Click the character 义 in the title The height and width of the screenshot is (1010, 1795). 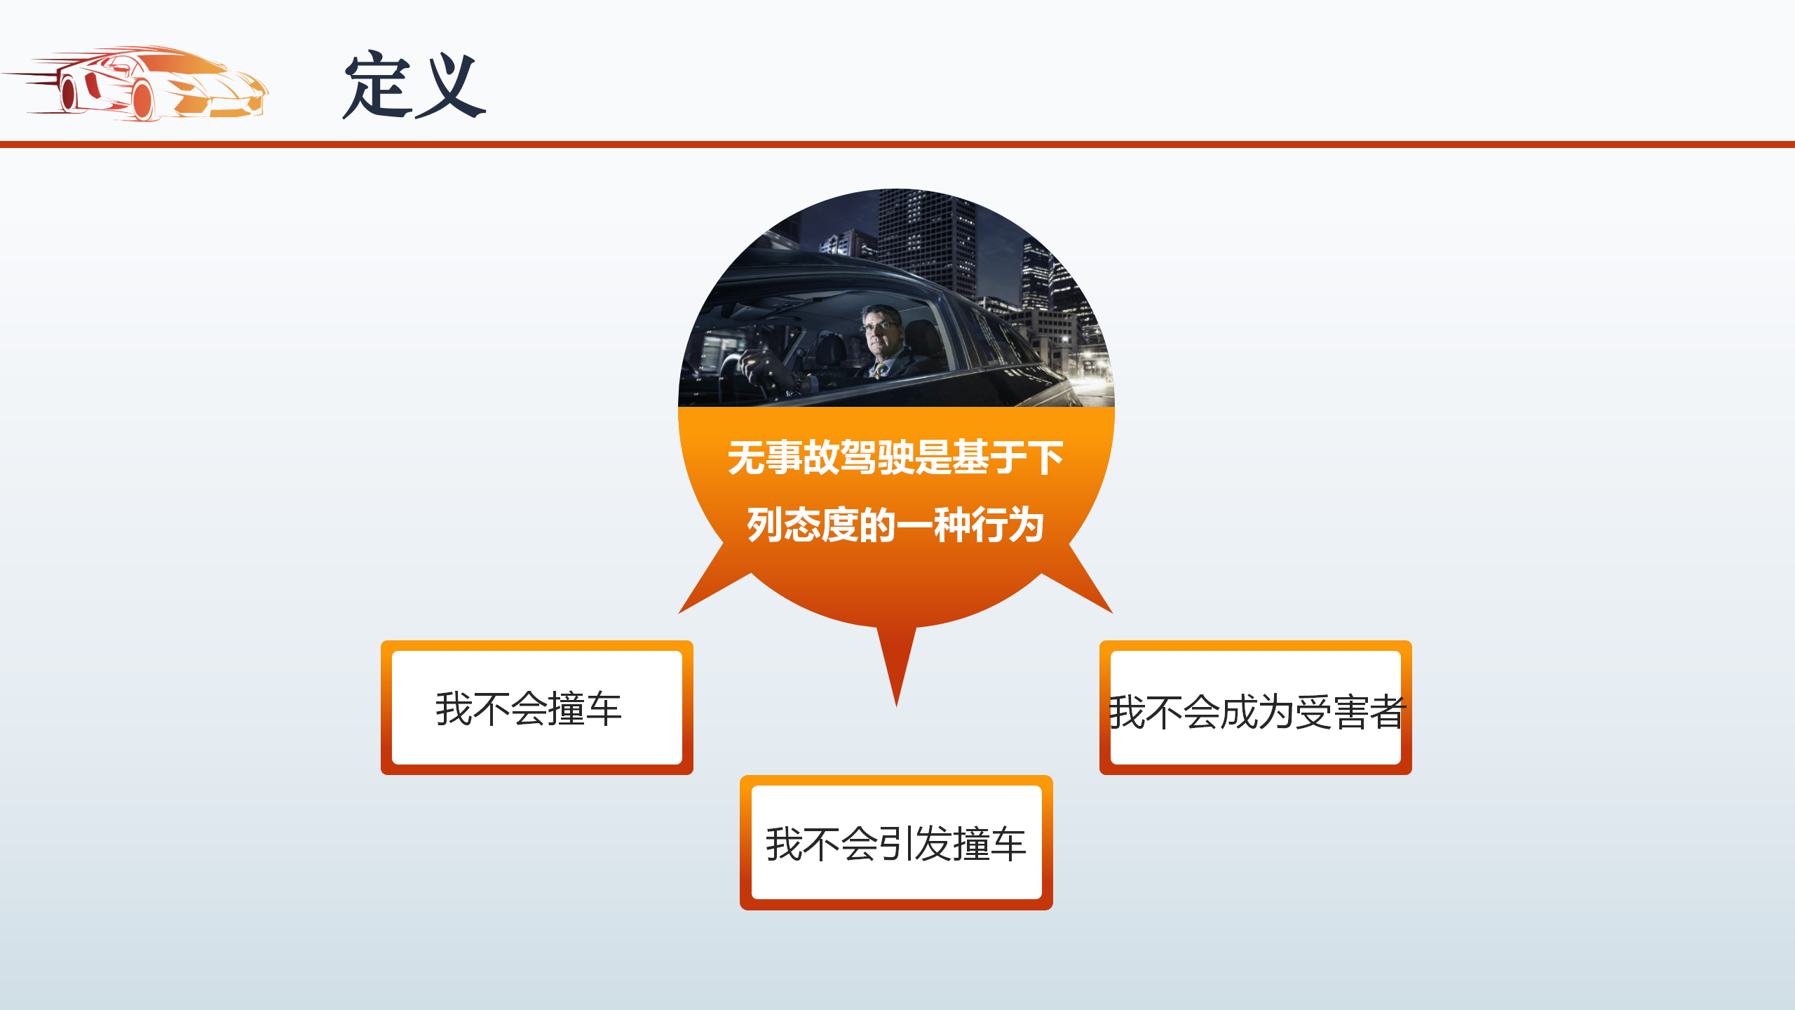450,86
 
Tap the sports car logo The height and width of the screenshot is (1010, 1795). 135,83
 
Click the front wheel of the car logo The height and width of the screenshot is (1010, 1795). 143,101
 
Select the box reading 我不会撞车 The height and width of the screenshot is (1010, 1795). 537,707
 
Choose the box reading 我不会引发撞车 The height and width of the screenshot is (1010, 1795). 896,842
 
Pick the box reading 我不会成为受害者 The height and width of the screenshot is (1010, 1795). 1255,707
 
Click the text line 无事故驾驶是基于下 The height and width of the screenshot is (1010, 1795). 896,457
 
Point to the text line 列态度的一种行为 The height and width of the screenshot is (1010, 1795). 896,525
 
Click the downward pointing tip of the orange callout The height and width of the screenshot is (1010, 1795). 896,706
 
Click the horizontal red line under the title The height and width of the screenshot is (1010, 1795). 897,144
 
